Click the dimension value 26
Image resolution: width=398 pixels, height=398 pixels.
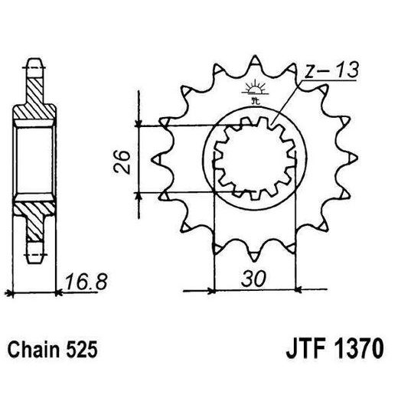(x=122, y=162)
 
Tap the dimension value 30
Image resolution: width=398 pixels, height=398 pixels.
(x=254, y=278)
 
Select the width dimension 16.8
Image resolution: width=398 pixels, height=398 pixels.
(x=86, y=282)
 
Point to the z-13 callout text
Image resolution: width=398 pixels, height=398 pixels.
(x=331, y=70)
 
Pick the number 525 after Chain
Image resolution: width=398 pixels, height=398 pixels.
(x=81, y=350)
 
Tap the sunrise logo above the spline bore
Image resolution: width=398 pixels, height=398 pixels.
(x=254, y=91)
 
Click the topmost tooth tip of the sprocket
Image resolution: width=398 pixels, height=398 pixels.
(x=254, y=57)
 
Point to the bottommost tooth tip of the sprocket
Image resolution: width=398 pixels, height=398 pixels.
(x=254, y=261)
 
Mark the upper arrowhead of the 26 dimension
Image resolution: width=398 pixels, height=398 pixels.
(x=138, y=123)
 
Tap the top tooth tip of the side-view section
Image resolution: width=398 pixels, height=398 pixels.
(x=34, y=60)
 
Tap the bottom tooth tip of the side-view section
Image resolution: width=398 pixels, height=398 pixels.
(x=35, y=263)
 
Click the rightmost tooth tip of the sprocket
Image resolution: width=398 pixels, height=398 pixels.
(x=357, y=158)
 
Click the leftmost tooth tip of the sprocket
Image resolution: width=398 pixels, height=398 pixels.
(x=152, y=160)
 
